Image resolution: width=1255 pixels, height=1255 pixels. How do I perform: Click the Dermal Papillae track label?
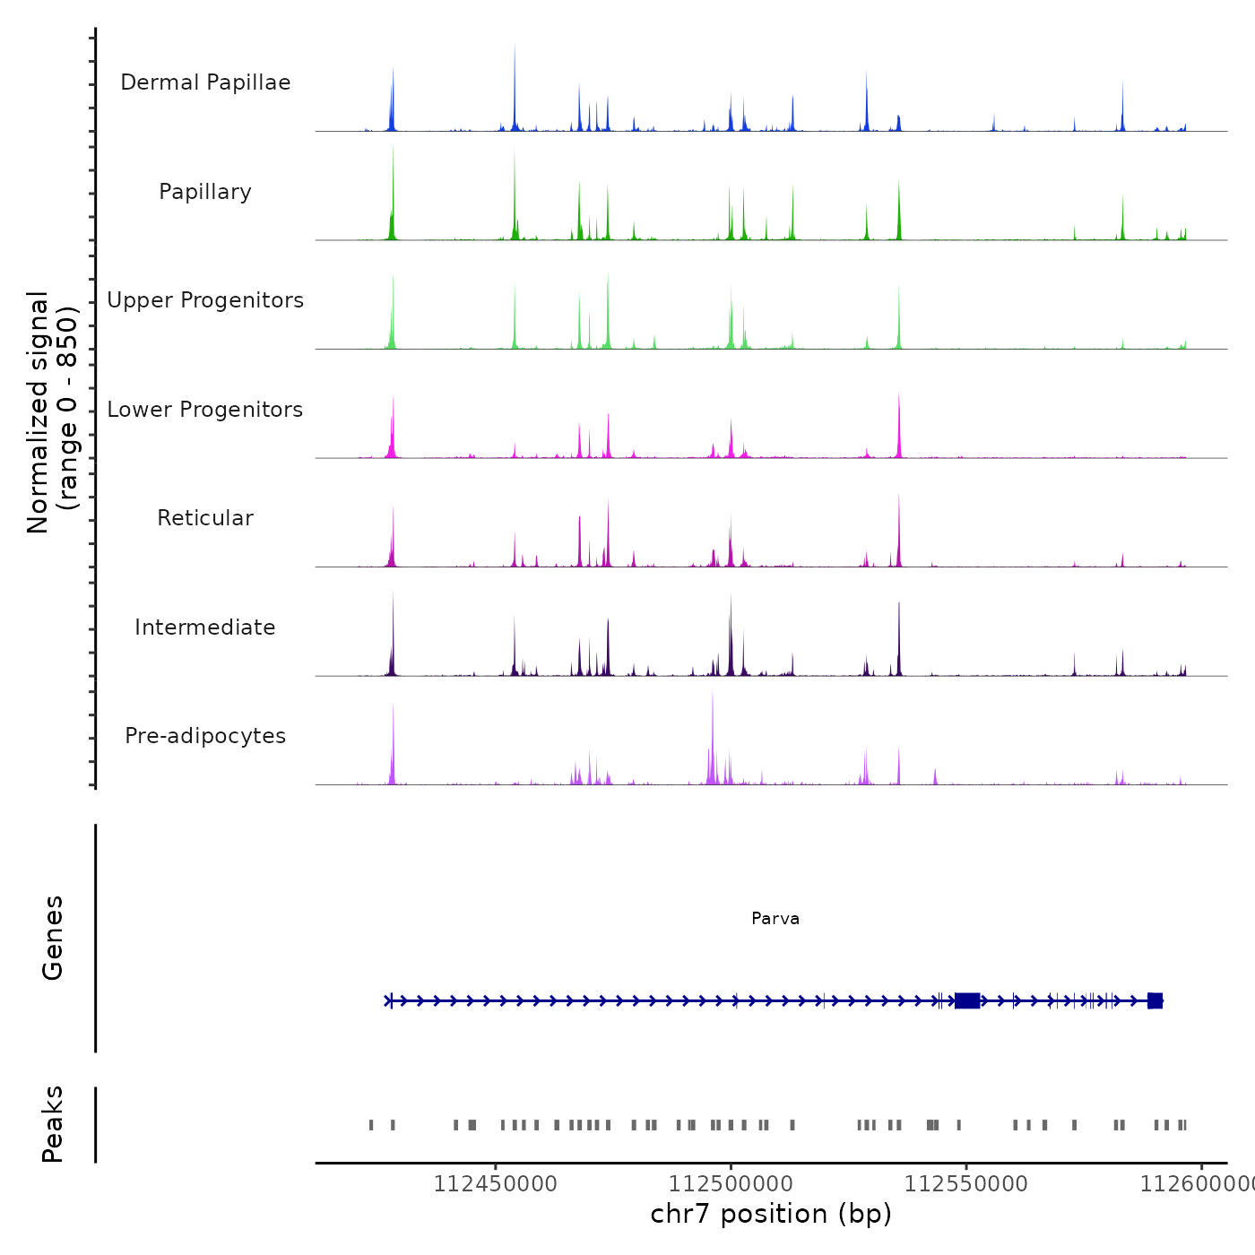coord(205,82)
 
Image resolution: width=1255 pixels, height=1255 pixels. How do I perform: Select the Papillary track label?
coord(205,192)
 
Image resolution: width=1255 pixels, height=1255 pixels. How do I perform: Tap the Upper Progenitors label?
coord(205,300)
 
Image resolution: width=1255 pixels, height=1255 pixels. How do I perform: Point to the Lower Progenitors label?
coord(205,410)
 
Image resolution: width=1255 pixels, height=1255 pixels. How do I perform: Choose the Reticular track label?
coord(205,518)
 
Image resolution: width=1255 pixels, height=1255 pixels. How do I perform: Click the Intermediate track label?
coord(205,627)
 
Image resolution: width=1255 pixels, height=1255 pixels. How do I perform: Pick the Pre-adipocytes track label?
coord(205,736)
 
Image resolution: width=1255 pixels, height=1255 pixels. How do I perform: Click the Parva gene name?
coord(775,919)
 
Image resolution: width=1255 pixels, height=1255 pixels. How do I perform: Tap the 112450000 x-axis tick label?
coord(495,1183)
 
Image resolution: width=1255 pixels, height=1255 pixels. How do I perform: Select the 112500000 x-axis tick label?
coord(731,1183)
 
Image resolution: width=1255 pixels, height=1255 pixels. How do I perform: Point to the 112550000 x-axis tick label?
coord(966,1183)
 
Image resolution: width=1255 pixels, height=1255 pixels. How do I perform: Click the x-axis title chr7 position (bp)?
coord(771,1214)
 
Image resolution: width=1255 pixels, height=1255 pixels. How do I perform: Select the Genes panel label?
coord(52,938)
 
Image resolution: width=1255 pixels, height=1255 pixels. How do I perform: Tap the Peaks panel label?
coord(52,1124)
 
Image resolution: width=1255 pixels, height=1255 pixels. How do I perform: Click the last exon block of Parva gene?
coord(1155,1000)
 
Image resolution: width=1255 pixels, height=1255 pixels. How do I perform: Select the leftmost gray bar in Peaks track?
coord(371,1125)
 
